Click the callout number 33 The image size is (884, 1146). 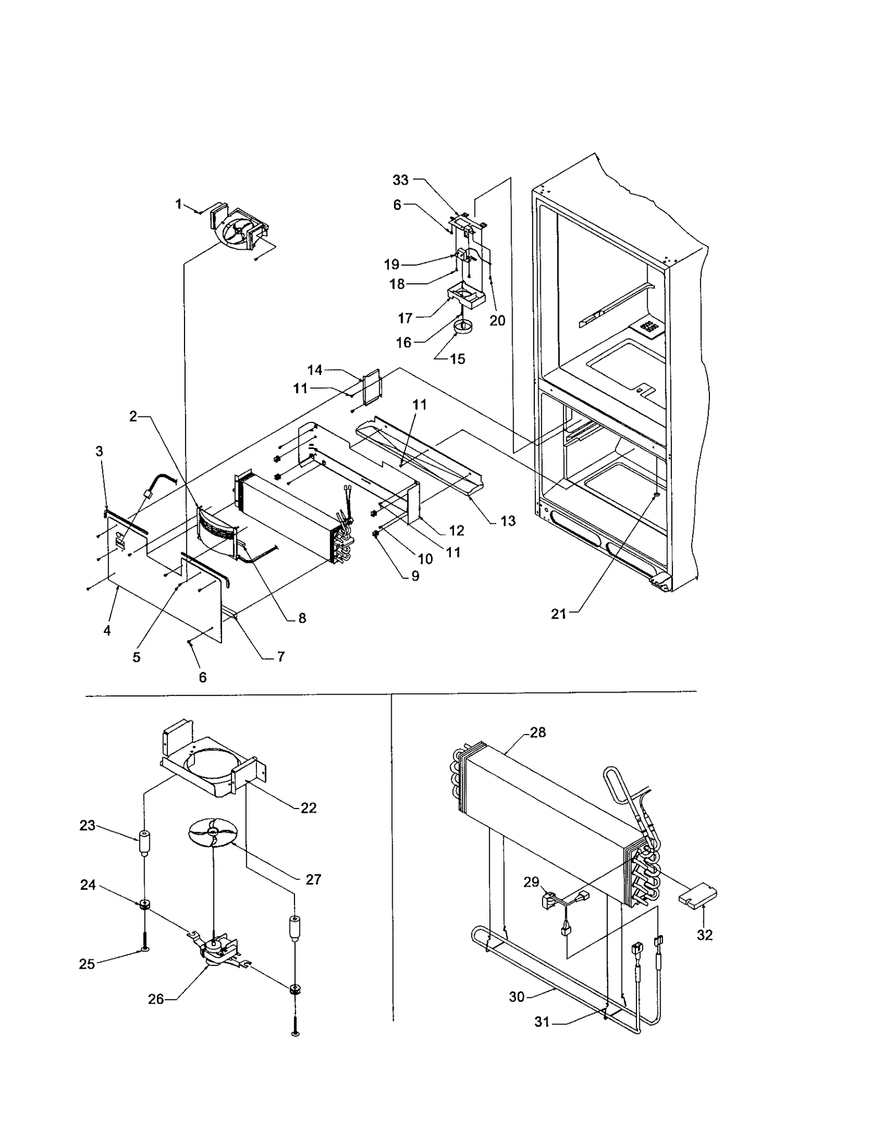tap(401, 179)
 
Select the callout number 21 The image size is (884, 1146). tap(559, 614)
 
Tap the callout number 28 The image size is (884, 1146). tap(538, 732)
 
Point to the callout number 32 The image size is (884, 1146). tap(704, 934)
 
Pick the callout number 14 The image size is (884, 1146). tap(315, 370)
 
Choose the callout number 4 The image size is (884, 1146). tap(107, 630)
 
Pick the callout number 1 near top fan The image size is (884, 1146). tap(178, 204)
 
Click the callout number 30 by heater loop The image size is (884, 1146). tap(517, 997)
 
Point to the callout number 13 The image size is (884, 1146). tap(508, 521)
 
